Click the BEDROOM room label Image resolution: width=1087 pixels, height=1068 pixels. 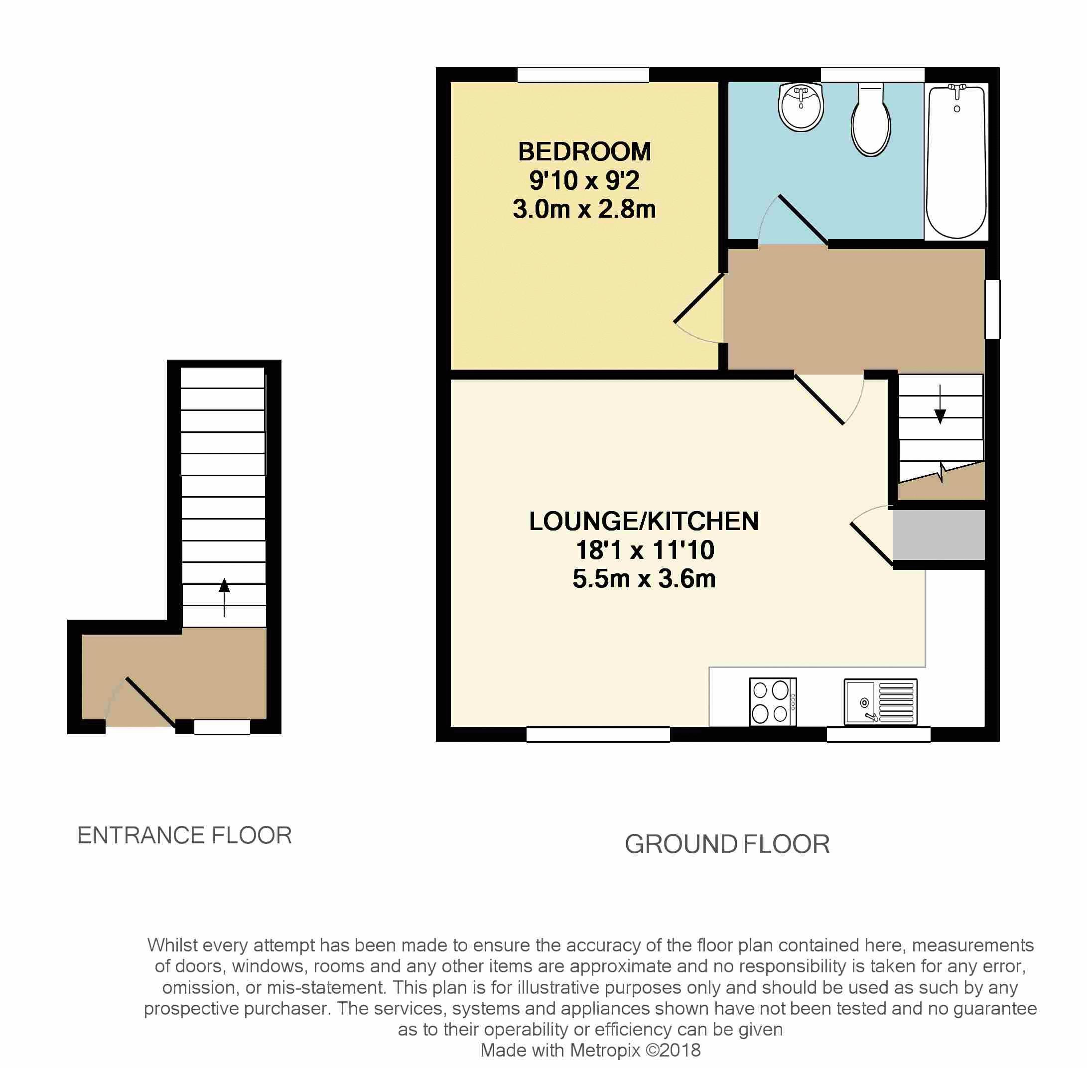(x=584, y=151)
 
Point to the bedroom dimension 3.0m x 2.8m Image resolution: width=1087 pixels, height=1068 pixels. (x=584, y=209)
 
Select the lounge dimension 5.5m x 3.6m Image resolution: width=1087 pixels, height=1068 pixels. (x=644, y=579)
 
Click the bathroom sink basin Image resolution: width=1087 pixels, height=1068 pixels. (x=801, y=108)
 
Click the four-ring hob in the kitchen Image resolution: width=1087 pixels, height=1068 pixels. (x=773, y=702)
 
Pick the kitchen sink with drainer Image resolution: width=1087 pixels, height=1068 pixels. (x=880, y=702)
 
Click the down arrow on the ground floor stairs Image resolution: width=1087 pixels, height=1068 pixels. (x=940, y=415)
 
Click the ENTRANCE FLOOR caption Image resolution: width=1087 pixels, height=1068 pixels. (x=184, y=836)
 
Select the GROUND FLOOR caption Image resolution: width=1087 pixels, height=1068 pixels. (x=727, y=844)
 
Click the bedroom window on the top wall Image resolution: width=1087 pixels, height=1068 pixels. (x=583, y=75)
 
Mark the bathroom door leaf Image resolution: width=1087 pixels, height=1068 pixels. (x=803, y=219)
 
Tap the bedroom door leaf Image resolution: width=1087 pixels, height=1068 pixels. (x=698, y=298)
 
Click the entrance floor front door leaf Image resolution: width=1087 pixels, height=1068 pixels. (x=150, y=702)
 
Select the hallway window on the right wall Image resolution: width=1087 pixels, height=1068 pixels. (x=992, y=309)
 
